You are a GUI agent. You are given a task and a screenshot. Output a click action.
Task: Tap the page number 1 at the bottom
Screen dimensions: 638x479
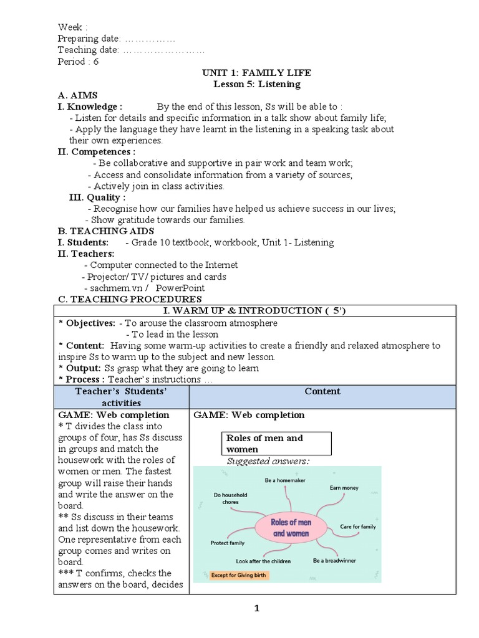(x=256, y=609)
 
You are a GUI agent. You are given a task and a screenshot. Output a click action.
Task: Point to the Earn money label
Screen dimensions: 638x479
(x=344, y=488)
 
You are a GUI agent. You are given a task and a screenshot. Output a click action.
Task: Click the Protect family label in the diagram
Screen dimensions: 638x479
(x=228, y=543)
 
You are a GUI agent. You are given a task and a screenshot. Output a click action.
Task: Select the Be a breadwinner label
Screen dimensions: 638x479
(x=334, y=561)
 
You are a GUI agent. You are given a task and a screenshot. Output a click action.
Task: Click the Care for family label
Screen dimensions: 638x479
(x=358, y=527)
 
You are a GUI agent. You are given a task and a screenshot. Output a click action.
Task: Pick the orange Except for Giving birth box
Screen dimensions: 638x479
(x=232, y=576)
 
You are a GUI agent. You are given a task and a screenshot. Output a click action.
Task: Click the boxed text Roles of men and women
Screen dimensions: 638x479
(x=278, y=444)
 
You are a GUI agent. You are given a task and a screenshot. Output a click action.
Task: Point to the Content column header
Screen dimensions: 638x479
(x=322, y=391)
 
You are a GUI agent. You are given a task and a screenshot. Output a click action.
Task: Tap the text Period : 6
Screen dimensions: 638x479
(x=78, y=62)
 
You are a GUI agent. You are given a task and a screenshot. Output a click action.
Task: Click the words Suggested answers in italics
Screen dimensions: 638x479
(x=268, y=461)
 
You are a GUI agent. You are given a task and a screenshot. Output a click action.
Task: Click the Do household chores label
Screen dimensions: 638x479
(x=231, y=498)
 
